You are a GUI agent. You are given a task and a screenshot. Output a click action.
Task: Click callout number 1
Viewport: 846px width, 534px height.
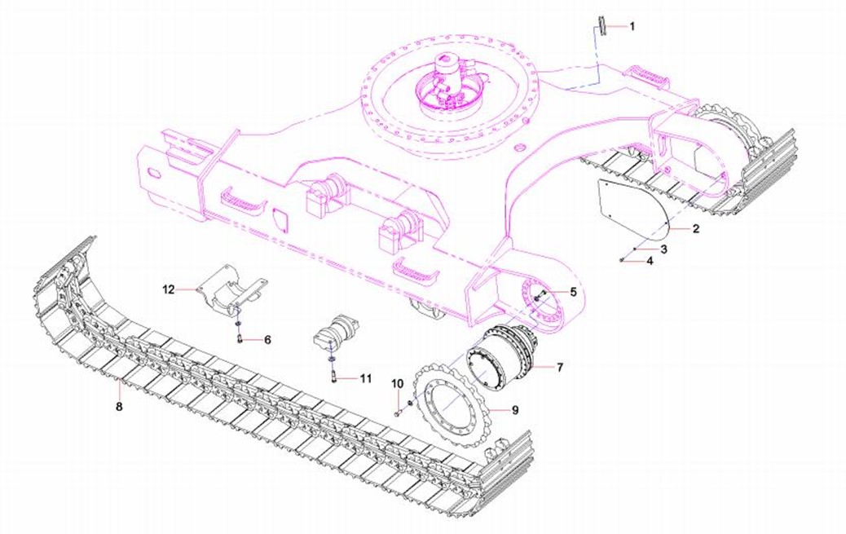pyautogui.click(x=632, y=26)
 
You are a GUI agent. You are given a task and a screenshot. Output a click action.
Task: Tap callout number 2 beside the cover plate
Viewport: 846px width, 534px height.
pyautogui.click(x=695, y=228)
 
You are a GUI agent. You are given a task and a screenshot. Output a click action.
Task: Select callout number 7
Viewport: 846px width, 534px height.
pyautogui.click(x=559, y=367)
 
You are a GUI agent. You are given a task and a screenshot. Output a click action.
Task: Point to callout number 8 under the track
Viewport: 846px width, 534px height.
pyautogui.click(x=119, y=405)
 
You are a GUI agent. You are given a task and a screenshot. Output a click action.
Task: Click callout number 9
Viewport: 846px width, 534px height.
pyautogui.click(x=515, y=410)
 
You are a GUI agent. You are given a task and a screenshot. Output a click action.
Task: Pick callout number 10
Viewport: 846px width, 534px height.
pyautogui.click(x=397, y=383)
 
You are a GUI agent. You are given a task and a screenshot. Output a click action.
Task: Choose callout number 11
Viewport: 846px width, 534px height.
pyautogui.click(x=366, y=378)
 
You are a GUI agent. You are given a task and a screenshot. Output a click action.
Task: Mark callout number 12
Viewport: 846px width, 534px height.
pyautogui.click(x=169, y=290)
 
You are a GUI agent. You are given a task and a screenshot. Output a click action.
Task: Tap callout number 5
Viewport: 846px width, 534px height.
pyautogui.click(x=573, y=292)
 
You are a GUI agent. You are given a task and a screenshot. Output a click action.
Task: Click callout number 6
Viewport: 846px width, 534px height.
pyautogui.click(x=267, y=340)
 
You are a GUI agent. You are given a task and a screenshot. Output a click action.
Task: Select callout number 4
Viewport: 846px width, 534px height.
pyautogui.click(x=650, y=261)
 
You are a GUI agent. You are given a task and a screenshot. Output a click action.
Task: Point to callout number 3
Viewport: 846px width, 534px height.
pyautogui.click(x=663, y=249)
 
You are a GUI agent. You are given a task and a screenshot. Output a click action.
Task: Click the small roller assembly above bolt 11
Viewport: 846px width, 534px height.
pyautogui.click(x=337, y=333)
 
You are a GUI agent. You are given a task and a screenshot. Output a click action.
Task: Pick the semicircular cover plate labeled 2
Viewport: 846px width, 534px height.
pyautogui.click(x=632, y=208)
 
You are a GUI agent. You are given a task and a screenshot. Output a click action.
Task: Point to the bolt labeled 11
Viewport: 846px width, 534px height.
pyautogui.click(x=333, y=376)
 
